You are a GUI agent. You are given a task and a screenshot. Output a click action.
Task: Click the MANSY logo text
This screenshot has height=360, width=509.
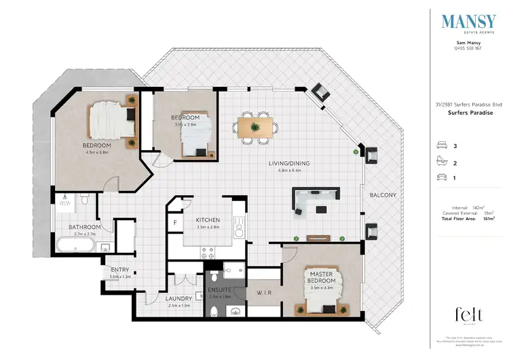click(468, 22)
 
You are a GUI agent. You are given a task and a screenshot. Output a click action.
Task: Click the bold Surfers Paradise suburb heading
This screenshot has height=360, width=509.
click(468, 113)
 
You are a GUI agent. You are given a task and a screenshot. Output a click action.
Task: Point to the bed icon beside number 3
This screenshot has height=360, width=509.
click(442, 145)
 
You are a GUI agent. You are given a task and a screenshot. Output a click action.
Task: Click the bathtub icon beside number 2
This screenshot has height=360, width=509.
click(442, 162)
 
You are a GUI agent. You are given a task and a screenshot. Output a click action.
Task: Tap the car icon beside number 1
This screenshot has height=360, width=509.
click(442, 177)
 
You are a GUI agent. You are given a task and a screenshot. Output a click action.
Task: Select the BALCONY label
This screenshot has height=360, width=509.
click(383, 196)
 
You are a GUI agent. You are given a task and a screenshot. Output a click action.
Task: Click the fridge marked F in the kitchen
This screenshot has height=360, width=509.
click(175, 221)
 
